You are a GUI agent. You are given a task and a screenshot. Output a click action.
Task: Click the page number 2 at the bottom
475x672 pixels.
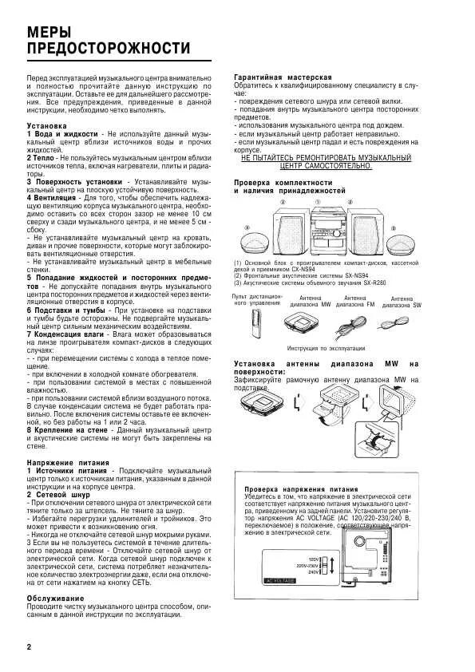coord(30,646)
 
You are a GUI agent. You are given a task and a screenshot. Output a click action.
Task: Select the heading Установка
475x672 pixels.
coord(46,126)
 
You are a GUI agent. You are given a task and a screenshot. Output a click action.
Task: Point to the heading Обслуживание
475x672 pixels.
coord(56,597)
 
